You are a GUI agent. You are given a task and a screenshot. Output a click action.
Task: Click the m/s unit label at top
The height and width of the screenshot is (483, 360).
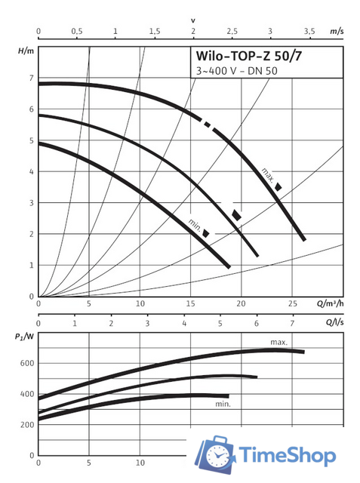coord(337,32)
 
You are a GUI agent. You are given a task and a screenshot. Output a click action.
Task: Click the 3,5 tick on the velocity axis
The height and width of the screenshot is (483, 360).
coord(309,32)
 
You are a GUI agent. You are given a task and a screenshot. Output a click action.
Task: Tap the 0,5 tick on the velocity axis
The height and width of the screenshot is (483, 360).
coord(77,32)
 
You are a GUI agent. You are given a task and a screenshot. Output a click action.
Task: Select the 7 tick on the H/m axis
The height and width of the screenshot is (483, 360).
coord(31,78)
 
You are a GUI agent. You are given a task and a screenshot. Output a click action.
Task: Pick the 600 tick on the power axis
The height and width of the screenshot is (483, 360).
coord(27,363)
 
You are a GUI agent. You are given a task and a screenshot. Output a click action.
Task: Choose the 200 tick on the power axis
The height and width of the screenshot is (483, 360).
coord(27,425)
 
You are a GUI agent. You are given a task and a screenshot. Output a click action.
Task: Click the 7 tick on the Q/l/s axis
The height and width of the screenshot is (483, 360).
coord(294,322)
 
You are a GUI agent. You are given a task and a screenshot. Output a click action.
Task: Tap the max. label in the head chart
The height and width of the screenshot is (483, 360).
coord(267,174)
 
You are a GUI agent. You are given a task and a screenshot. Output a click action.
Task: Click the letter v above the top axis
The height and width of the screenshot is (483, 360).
coord(192,20)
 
